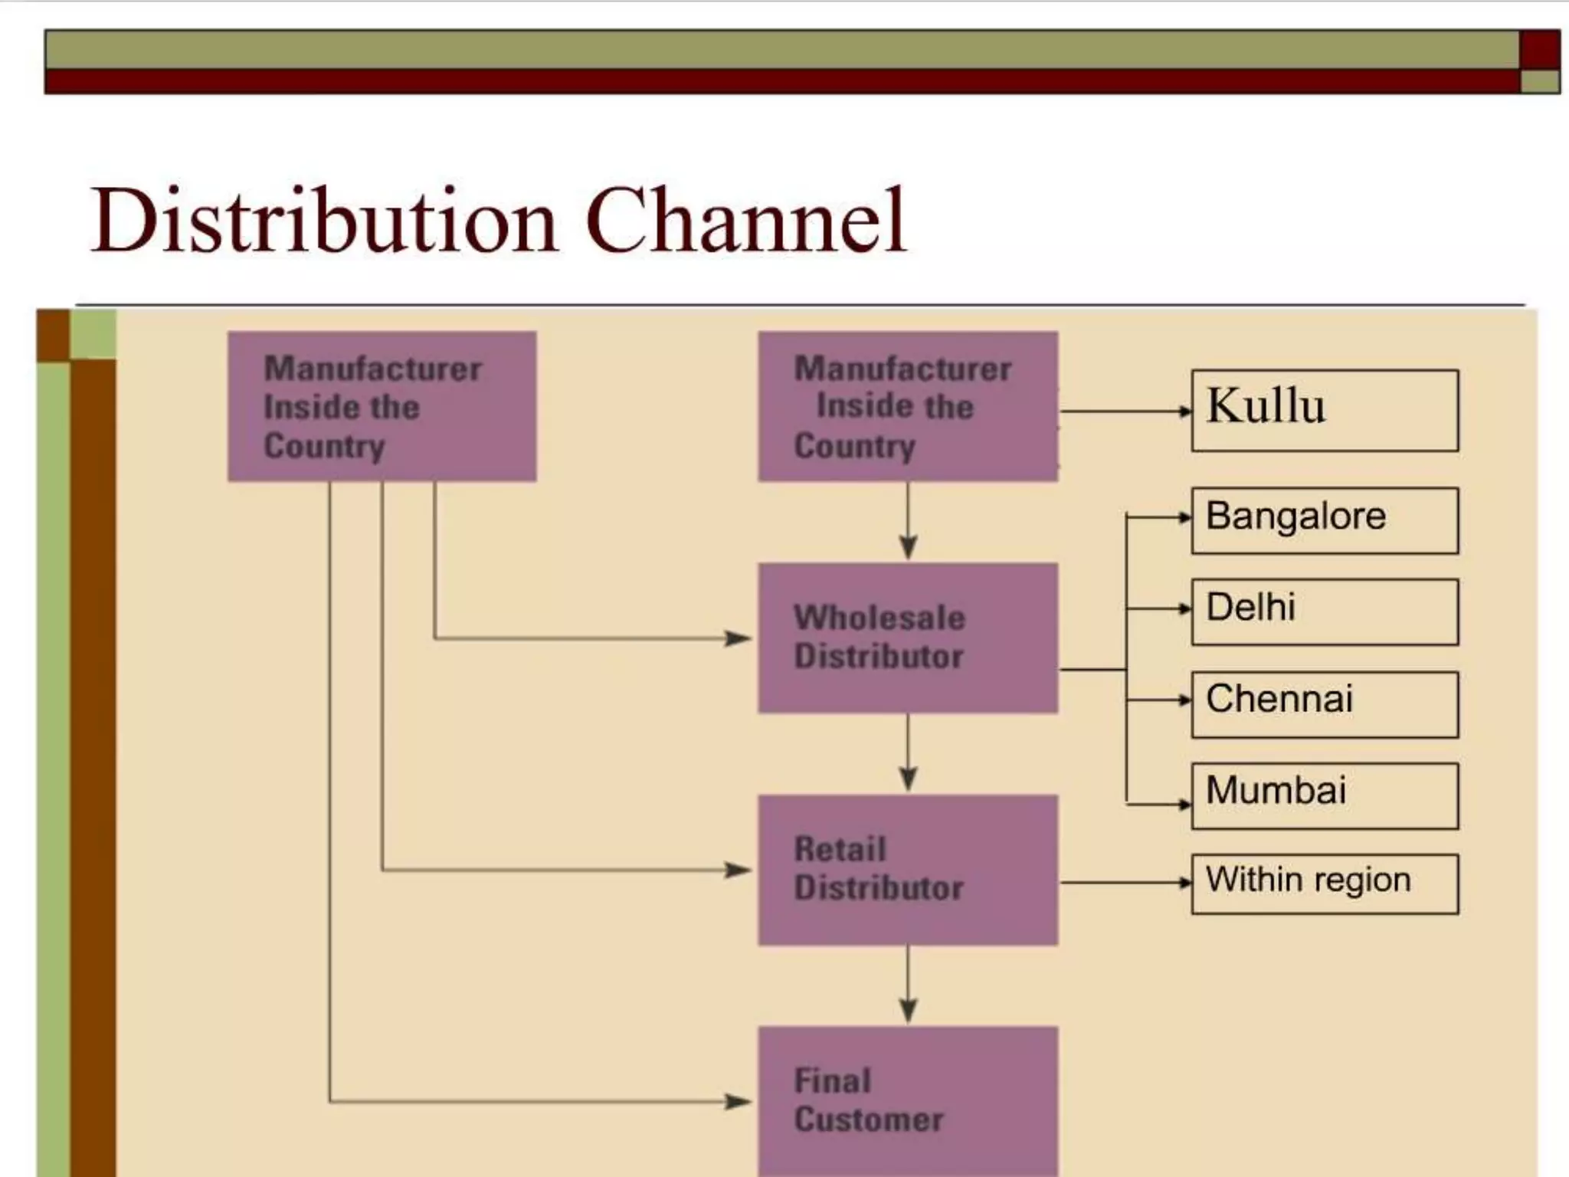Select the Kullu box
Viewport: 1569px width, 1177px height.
(1324, 411)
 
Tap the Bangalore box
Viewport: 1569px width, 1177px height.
(1324, 520)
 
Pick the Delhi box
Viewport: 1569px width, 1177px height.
(1324, 611)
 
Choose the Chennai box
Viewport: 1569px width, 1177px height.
(1324, 704)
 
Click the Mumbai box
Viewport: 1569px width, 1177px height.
(1324, 795)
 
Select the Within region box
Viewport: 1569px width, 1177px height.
(1324, 884)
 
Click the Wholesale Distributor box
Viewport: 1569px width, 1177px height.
(908, 638)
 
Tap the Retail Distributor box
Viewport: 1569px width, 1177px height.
(908, 870)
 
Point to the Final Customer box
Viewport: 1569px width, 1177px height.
(908, 1100)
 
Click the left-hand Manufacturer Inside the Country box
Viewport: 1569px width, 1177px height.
(382, 406)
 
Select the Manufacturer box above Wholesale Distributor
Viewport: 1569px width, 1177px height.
(908, 406)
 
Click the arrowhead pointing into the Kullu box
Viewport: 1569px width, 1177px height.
(1184, 411)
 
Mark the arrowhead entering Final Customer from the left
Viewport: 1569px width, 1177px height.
(739, 1102)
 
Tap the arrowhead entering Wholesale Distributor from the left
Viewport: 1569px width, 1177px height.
(739, 638)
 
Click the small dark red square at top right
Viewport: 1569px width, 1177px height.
(1539, 50)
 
